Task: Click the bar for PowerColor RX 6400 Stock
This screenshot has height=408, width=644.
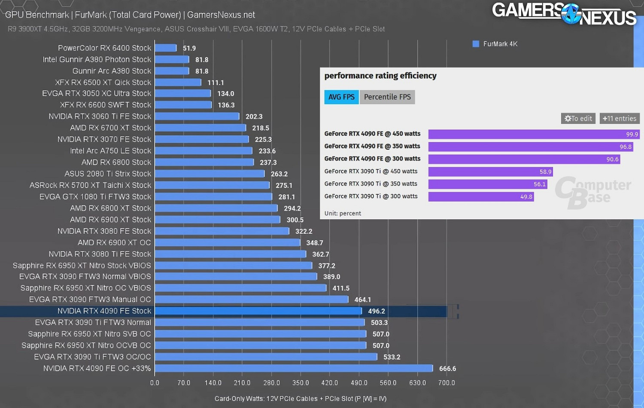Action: pyautogui.click(x=166, y=48)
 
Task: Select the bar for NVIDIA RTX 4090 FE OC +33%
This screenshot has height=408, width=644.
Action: pyautogui.click(x=294, y=369)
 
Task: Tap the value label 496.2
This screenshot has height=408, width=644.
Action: pyautogui.click(x=376, y=311)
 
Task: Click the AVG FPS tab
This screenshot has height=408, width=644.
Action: pyautogui.click(x=341, y=97)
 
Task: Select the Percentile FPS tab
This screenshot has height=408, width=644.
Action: pyautogui.click(x=387, y=97)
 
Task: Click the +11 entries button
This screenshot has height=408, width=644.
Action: pyautogui.click(x=620, y=118)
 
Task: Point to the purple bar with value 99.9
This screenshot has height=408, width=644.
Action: pyautogui.click(x=534, y=134)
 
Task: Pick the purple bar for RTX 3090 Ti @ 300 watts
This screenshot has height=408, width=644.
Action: pyautogui.click(x=481, y=196)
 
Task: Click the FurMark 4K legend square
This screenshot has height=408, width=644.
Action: pyautogui.click(x=476, y=44)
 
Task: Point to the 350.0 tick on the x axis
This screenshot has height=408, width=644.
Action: pyautogui.click(x=301, y=383)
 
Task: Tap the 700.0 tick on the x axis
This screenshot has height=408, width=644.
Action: pyautogui.click(x=447, y=383)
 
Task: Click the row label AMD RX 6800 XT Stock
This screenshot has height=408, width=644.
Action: pyautogui.click(x=110, y=208)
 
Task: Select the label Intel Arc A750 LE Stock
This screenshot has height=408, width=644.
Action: pyautogui.click(x=110, y=151)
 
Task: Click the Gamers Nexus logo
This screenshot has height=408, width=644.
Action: pyautogui.click(x=564, y=14)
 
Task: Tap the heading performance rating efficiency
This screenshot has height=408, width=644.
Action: pyautogui.click(x=380, y=76)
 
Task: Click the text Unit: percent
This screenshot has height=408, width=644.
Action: pyautogui.click(x=343, y=213)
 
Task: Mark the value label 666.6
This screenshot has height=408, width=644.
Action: pyautogui.click(x=447, y=369)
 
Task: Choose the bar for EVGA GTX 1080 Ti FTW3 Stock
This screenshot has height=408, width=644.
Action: pyautogui.click(x=213, y=197)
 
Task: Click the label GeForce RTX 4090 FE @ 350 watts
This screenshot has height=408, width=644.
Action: pyautogui.click(x=372, y=146)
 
